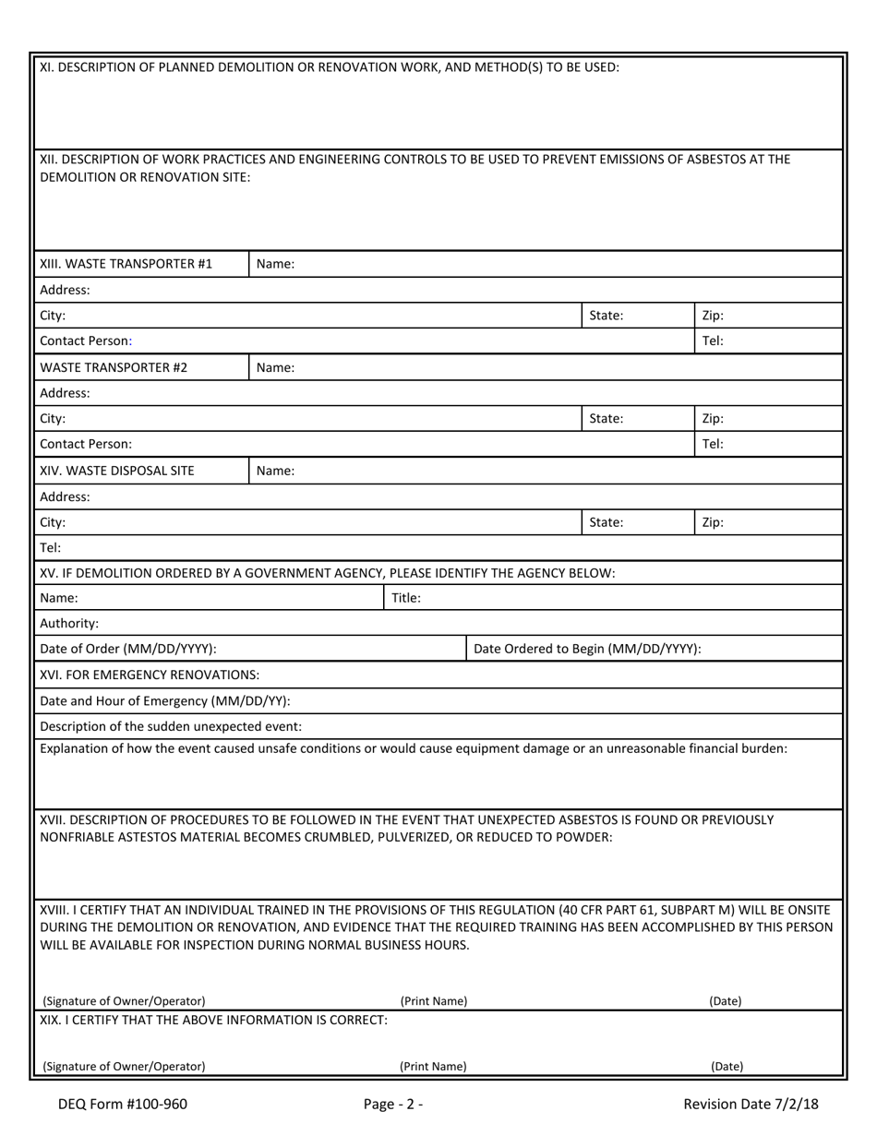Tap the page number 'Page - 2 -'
[394, 1104]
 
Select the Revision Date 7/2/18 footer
[751, 1104]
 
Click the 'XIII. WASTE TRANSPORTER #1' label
[126, 264]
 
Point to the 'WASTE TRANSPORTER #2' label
[114, 367]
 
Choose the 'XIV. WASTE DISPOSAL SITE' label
[117, 471]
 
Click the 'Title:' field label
[406, 598]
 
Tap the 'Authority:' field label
[69, 623]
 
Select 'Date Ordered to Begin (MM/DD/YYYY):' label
[587, 649]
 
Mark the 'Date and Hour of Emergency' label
[164, 700]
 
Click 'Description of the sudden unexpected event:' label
[171, 726]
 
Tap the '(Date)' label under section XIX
[727, 1067]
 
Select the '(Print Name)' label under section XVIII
[433, 1001]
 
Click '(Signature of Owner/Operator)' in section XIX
[124, 1067]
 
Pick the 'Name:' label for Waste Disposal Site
[275, 471]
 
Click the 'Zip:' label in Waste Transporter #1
[713, 316]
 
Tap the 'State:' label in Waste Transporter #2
[607, 419]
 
